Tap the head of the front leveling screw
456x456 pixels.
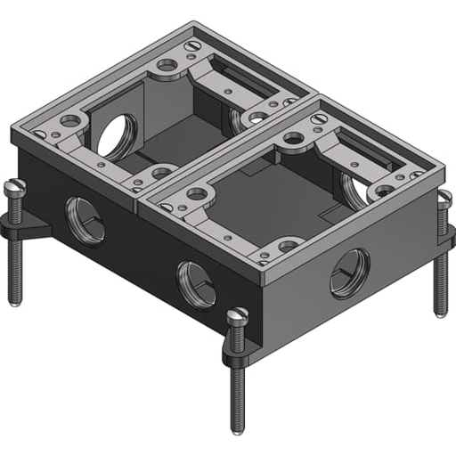click(237, 315)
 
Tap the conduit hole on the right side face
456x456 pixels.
click(349, 273)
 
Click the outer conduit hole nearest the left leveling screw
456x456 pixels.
click(85, 221)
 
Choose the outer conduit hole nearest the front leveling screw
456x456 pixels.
click(196, 284)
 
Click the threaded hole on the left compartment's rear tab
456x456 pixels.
click(167, 65)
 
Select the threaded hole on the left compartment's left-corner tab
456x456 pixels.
click(71, 120)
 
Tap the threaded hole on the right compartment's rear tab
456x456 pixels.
click(293, 139)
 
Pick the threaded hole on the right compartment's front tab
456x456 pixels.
click(289, 245)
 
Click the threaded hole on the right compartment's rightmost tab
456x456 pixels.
click(384, 191)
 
